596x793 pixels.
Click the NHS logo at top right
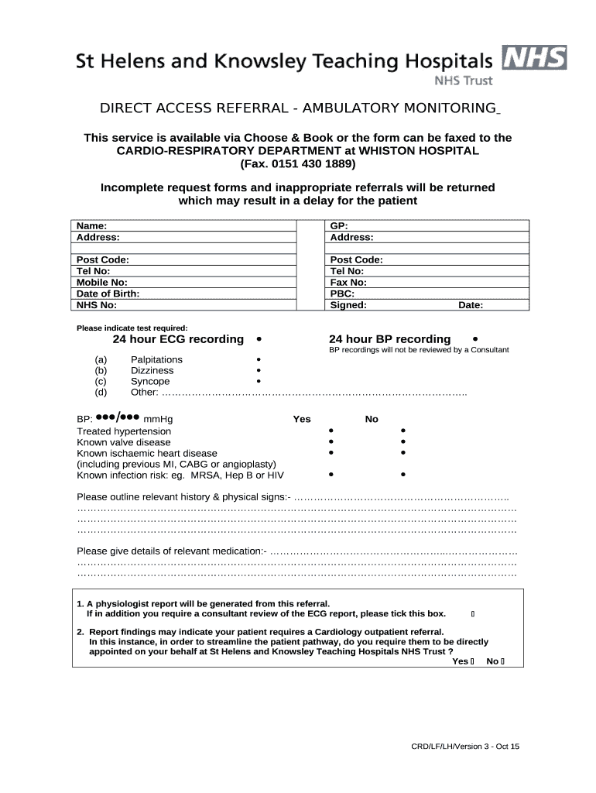(534, 58)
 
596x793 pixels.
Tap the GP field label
(339, 226)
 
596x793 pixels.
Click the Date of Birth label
(108, 294)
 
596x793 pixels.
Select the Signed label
(348, 305)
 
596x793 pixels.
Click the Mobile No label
(102, 283)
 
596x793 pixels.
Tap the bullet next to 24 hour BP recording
(474, 338)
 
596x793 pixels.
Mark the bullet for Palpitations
(259, 360)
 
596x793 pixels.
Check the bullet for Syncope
(259, 382)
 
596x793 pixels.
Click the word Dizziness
(152, 371)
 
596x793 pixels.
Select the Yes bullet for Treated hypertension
(331, 431)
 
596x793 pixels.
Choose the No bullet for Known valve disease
(403, 441)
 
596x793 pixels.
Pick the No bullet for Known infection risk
(403, 474)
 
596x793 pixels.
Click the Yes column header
(302, 419)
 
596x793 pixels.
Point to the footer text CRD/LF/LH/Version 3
(465, 747)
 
